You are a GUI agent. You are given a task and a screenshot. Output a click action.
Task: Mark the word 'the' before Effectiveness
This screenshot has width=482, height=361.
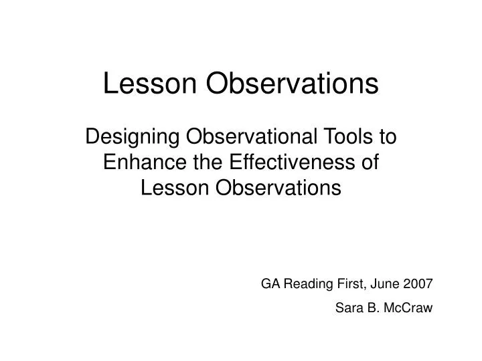coord(201,163)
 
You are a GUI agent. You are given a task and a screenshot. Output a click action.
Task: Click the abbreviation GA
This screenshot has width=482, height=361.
coord(269,283)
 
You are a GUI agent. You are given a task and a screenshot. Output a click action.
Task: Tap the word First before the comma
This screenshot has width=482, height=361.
coord(348,283)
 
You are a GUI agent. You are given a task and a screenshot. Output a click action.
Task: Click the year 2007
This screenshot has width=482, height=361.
coord(419,283)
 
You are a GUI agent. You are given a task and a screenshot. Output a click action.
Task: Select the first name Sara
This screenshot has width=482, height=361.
coord(346,308)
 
